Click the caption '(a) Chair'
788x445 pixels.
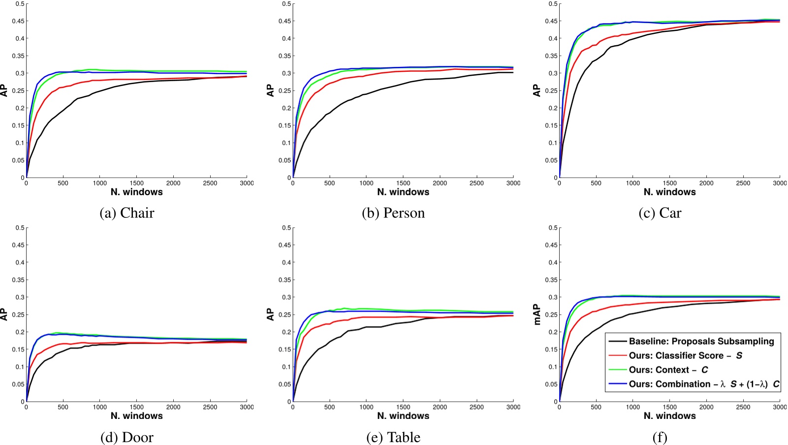(x=127, y=213)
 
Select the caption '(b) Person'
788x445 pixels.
(x=393, y=213)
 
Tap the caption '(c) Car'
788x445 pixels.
(x=660, y=213)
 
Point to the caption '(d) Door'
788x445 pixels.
(x=127, y=437)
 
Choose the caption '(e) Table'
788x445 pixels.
(x=393, y=437)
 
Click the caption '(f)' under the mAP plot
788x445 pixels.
(x=660, y=437)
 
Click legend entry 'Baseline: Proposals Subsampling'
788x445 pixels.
(x=701, y=341)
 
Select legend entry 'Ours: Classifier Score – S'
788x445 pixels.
(x=685, y=356)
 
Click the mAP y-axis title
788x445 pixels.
(x=537, y=315)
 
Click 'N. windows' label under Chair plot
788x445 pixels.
(x=136, y=192)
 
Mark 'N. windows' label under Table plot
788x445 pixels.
(x=403, y=416)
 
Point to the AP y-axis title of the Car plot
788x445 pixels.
(x=537, y=90)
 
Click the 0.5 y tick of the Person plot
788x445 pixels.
(x=286, y=4)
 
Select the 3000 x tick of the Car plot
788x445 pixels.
(x=779, y=183)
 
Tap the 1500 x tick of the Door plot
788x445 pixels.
(x=136, y=407)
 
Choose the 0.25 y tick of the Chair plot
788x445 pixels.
(x=18, y=90)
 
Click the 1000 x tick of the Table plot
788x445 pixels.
(x=366, y=407)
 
